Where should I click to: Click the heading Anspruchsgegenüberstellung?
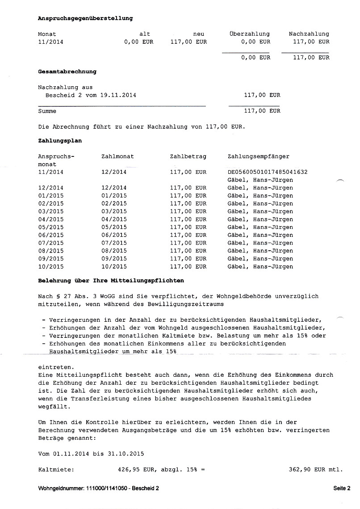point(85,18)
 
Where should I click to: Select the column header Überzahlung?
point(249,34)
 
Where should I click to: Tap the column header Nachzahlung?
point(309,34)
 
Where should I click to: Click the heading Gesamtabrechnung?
point(67,72)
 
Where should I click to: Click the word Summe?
point(47,111)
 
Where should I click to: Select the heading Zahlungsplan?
point(60,141)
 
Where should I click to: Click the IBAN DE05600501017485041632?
point(268,172)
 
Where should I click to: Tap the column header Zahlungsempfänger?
point(258,156)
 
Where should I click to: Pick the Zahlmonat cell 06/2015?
point(114,235)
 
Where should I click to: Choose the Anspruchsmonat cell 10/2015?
point(51,267)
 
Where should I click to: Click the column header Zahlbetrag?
point(188,156)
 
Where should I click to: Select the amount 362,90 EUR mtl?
point(316,470)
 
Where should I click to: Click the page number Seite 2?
point(342,488)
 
